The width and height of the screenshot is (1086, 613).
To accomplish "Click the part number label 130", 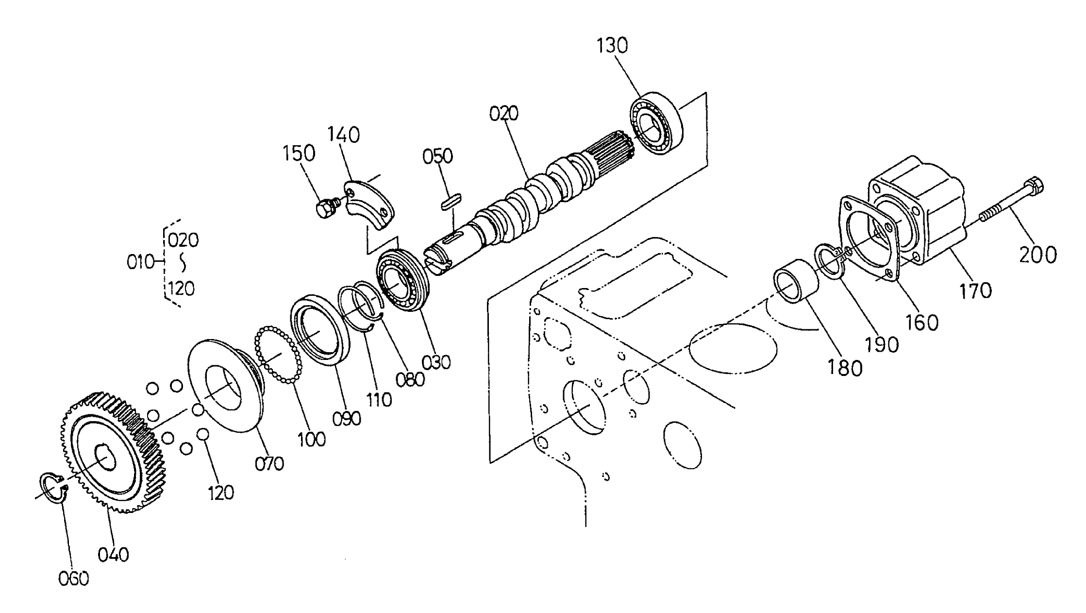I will (x=612, y=46).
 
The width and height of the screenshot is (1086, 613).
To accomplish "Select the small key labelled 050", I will (x=451, y=202).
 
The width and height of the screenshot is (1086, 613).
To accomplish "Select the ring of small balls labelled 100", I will (x=278, y=355).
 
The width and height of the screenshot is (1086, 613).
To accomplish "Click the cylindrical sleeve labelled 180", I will (x=795, y=281).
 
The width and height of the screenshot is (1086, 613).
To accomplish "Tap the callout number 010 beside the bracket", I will (x=140, y=263).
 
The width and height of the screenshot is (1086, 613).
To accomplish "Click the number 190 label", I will (x=883, y=345).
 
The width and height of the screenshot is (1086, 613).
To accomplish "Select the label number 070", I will (x=269, y=463).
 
